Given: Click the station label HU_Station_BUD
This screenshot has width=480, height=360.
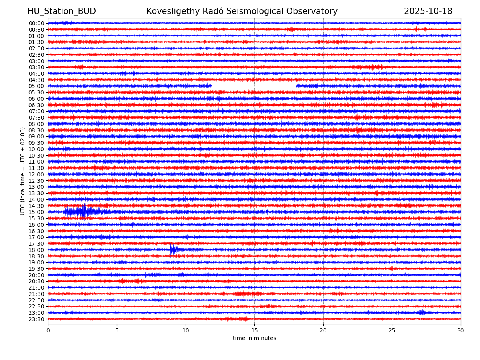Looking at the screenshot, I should pos(62,11).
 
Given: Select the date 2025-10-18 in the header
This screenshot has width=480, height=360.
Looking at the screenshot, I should pos(428,11).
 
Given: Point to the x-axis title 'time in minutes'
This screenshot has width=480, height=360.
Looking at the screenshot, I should pos(254,338).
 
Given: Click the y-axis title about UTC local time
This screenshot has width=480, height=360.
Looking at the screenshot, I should pos(23,171).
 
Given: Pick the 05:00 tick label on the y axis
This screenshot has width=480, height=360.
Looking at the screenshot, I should pos(36,86).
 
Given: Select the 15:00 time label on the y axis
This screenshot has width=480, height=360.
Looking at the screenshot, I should pos(36,212).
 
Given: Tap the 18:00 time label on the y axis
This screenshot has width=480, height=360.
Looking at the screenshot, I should pos(36,250).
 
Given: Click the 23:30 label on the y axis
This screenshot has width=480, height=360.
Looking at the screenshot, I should pos(36,319).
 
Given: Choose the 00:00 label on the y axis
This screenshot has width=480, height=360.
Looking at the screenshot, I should pos(36,23).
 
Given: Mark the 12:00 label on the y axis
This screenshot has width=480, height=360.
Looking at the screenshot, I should pos(36,174).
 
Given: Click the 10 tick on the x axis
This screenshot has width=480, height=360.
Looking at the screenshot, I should pos(186,331).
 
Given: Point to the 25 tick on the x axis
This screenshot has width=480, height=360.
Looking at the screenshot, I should pos(392,331).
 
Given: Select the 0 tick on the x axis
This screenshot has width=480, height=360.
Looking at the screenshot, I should pos(48,331).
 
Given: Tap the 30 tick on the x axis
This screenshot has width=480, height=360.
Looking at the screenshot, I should pos(461,331).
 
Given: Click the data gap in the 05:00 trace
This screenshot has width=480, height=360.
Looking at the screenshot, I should pos(253,86).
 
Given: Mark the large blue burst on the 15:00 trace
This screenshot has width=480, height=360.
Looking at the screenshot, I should pos(84,211).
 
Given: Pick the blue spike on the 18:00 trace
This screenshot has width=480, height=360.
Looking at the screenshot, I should pos(172,249).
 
